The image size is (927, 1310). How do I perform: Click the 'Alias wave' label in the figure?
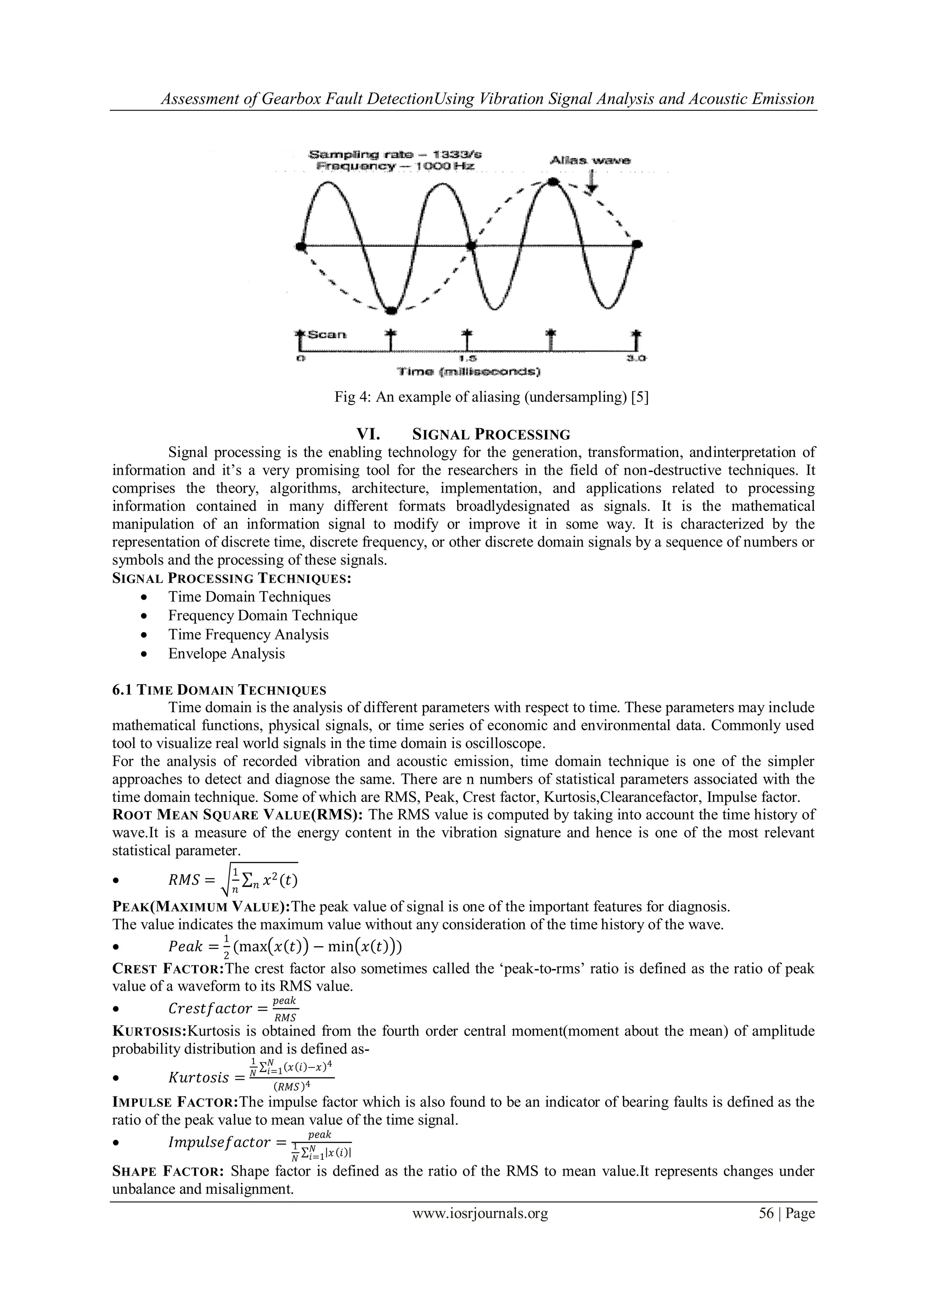point(591,161)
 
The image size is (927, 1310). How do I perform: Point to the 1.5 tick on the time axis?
point(468,358)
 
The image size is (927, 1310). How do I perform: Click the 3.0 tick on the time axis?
point(636,358)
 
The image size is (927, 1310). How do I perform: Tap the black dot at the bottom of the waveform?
point(391,310)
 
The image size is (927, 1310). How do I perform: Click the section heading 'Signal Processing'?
point(491,434)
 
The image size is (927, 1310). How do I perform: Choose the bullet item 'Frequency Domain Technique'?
point(263,615)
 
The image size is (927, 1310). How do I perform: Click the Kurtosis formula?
point(251,1077)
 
